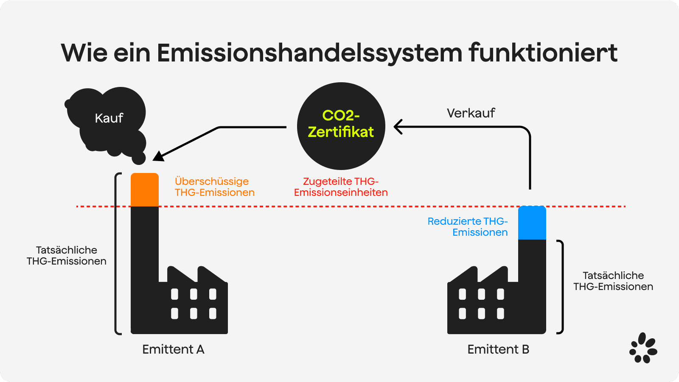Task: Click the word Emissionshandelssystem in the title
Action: coord(309,53)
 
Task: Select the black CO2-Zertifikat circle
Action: coord(341,126)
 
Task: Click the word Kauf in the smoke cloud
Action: coord(109,118)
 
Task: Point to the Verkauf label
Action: coord(471,113)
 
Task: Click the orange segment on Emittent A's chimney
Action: coord(145,190)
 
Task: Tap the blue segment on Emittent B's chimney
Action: coord(532,223)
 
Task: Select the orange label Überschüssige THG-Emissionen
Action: coord(215,187)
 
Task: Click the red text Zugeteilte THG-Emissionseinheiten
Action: coord(341,187)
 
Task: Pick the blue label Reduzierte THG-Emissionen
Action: coord(467,226)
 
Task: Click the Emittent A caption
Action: coord(174,349)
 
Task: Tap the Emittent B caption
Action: coord(498,349)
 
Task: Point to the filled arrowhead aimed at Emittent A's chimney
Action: coord(158,156)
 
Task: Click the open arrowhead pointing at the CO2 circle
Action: coord(398,127)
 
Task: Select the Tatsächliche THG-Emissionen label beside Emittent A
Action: coord(66,255)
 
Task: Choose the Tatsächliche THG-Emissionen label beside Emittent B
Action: coord(613,281)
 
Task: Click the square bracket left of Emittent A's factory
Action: coord(118,254)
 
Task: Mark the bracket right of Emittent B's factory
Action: coord(560,287)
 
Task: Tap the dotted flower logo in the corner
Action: coord(643,348)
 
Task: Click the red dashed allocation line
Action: coord(351,206)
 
